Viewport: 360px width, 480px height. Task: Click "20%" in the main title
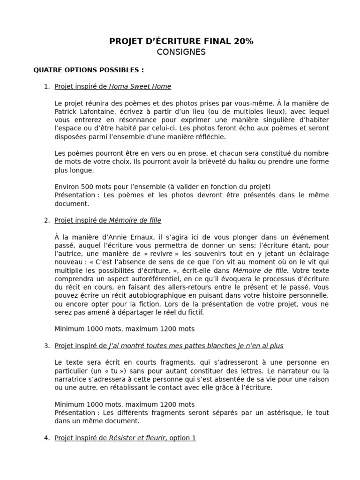coord(243,41)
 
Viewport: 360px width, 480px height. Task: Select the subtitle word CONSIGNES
coord(181,52)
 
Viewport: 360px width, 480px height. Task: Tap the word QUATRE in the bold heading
coord(47,70)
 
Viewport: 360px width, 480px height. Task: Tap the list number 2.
coord(46,220)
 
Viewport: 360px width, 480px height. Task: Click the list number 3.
coord(46,346)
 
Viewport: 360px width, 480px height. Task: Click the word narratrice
coord(70,379)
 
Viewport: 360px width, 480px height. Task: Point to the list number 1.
coord(46,86)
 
